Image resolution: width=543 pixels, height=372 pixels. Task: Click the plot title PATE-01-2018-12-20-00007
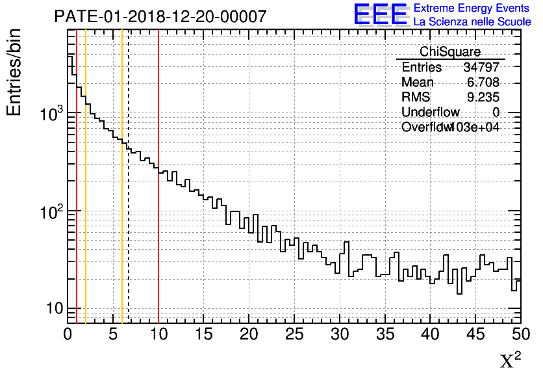tap(160, 16)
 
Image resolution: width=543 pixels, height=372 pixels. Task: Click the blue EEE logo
tap(381, 14)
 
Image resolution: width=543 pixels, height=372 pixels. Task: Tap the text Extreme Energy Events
tap(472, 8)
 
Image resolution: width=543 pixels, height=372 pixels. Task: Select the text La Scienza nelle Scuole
tap(472, 22)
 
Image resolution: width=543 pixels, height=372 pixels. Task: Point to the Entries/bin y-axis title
tap(14, 72)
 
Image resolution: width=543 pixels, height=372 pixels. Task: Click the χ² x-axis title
tap(510, 360)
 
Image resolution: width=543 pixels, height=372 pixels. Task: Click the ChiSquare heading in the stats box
tap(450, 52)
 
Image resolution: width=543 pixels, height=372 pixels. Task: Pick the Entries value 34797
tap(481, 68)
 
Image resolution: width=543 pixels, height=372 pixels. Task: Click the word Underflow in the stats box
tap(430, 113)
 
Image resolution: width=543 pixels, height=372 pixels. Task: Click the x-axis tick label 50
tap(520, 334)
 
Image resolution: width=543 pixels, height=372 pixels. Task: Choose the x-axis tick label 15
tap(204, 334)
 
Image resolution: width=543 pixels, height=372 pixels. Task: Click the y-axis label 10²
tap(50, 212)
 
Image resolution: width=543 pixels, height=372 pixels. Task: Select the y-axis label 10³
tap(50, 114)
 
